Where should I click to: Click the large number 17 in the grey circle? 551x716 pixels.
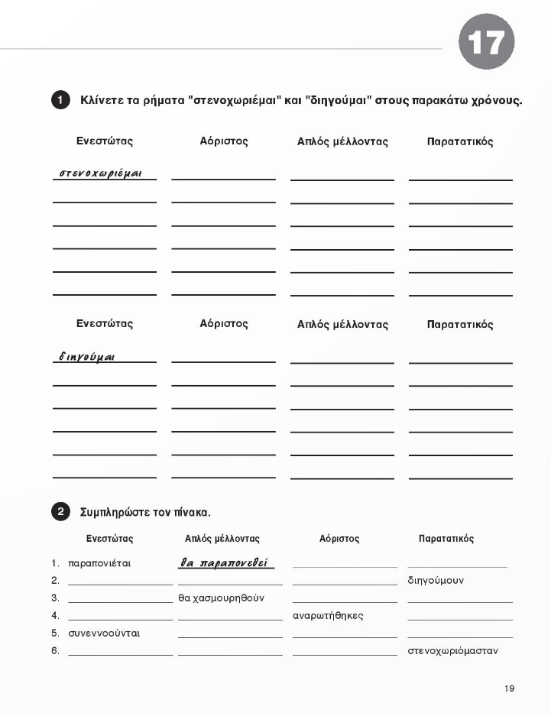[486, 42]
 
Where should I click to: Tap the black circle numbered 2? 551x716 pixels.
[61, 512]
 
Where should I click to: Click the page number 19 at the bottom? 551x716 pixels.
[509, 688]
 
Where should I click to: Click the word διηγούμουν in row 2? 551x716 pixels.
[436, 581]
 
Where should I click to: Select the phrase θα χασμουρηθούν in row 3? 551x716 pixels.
[221, 598]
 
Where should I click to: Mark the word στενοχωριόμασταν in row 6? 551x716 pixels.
[452, 651]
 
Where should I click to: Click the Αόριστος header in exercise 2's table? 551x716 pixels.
[339, 539]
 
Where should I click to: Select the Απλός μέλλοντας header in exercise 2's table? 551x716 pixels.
[222, 539]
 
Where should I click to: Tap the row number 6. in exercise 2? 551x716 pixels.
[55, 651]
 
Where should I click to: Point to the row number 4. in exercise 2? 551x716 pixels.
[55, 615]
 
